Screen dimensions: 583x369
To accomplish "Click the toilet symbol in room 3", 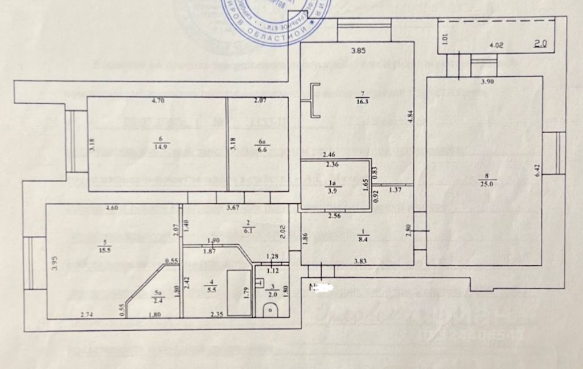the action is (270, 309).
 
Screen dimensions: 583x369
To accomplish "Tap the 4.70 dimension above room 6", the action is (157, 101).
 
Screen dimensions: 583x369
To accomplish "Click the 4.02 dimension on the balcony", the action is (497, 44).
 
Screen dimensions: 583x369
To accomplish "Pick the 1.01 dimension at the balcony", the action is (445, 39).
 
